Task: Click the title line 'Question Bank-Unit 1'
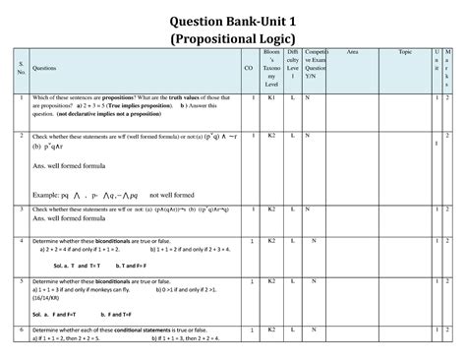pos(232,19)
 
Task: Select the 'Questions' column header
pos(45,69)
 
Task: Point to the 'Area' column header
pos(352,51)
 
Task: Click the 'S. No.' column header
pos(21,69)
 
